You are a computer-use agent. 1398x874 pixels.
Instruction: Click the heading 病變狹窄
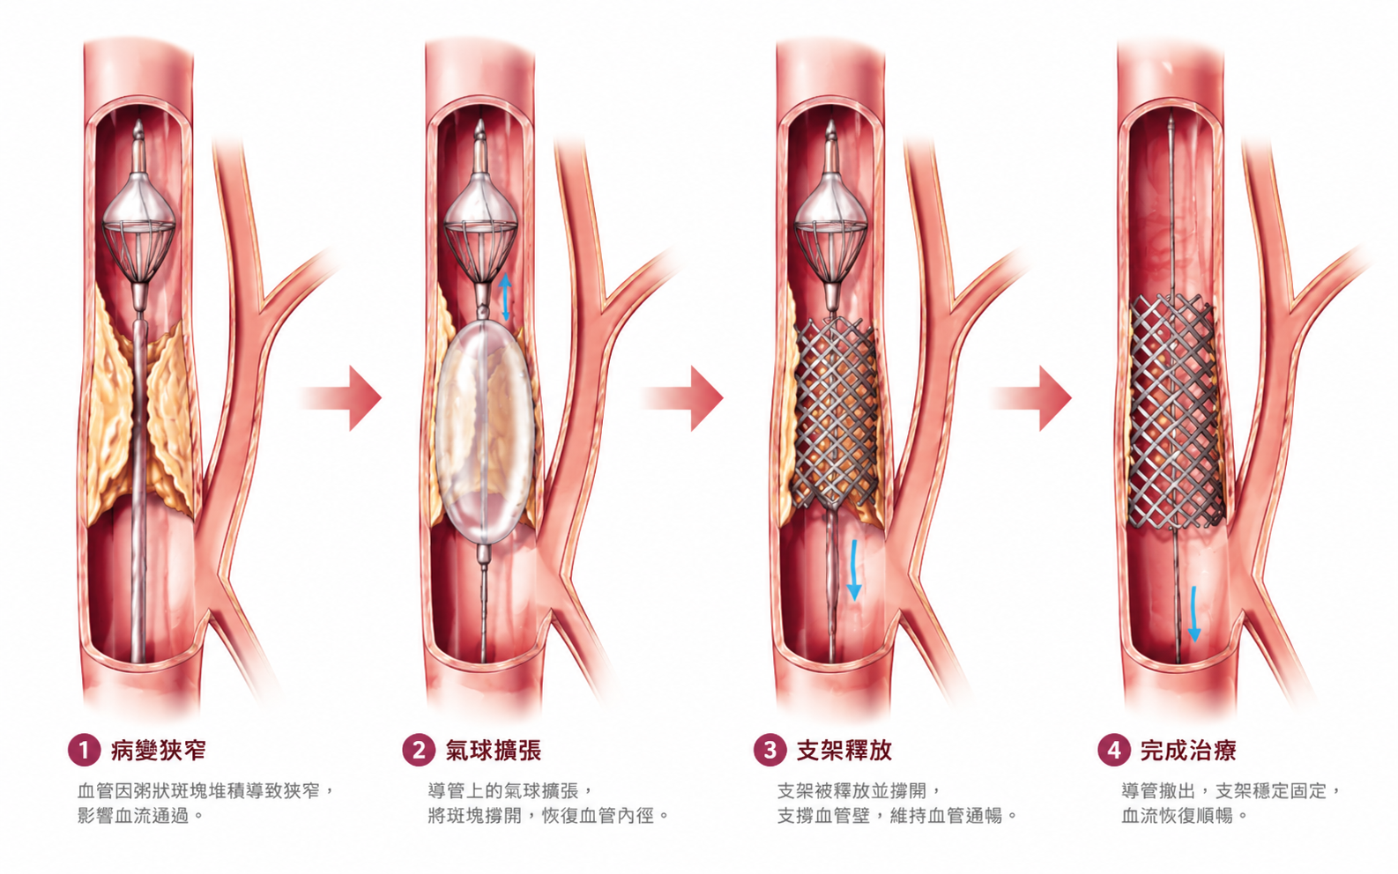click(158, 750)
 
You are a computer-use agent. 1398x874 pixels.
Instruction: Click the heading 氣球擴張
click(493, 750)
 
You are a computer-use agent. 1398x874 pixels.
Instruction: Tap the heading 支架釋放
click(844, 750)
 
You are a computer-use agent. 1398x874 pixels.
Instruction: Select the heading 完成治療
click(1187, 750)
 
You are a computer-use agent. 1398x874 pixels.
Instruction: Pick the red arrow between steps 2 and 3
click(683, 398)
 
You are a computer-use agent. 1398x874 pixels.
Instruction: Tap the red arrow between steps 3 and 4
click(1031, 398)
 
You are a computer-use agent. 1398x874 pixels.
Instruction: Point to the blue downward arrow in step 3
click(854, 570)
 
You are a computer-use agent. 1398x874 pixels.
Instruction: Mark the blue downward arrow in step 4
click(1194, 614)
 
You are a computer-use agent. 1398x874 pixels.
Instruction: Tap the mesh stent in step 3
click(837, 413)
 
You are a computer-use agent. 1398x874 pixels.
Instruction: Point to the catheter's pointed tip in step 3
click(830, 122)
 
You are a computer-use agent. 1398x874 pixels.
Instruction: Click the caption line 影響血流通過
click(133, 815)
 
